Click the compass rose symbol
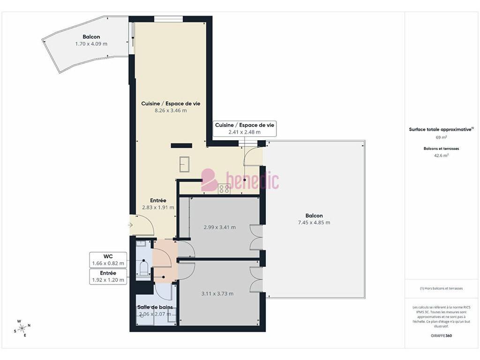pos(22,329)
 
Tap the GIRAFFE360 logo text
pos(441,336)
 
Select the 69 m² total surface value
pos(441,137)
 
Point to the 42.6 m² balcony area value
pos(441,155)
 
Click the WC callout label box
pos(108,260)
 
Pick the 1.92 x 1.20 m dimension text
pos(108,280)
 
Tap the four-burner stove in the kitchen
pos(224,188)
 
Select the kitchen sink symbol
pos(184,165)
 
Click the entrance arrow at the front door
pos(130,225)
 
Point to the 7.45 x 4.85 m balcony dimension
pos(314,223)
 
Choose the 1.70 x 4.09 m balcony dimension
pos(91,44)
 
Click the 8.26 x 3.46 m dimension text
pos(171,111)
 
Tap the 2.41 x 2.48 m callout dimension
pos(244,132)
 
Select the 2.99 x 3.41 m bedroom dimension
pos(219,227)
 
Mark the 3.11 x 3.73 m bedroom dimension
pos(217,293)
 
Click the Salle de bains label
pos(155,307)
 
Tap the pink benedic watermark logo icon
pos(210,180)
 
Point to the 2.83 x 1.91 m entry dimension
pos(158,207)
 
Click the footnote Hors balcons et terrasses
pos(441,288)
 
